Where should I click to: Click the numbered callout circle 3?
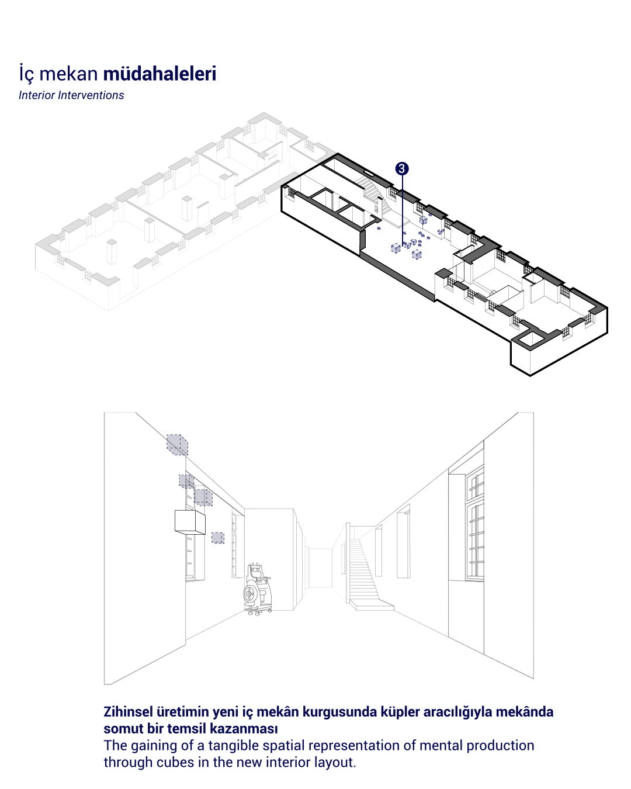pos(402,168)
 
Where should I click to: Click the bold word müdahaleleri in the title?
pos(160,73)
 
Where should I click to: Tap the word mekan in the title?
pos(68,73)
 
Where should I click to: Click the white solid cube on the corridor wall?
pos(190,522)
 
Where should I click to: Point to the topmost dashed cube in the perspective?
pos(177,444)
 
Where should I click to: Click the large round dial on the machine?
pos(249,593)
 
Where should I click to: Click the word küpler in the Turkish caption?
pos(400,712)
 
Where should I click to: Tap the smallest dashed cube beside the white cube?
pos(218,538)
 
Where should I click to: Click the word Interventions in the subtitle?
pos(91,95)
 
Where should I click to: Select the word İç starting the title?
pos(26,73)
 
